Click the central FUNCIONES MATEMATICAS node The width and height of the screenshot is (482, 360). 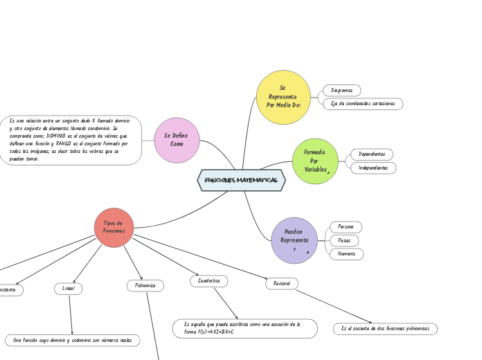241,180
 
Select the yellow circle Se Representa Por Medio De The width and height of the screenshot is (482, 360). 283,97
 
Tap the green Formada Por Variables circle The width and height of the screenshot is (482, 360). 315,161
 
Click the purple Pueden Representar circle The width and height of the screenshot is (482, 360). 294,240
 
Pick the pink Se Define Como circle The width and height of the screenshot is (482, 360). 177,140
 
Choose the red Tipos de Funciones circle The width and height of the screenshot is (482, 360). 114,227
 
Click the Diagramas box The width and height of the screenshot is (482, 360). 341,91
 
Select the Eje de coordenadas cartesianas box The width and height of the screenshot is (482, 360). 363,104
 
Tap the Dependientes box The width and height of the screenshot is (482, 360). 372,154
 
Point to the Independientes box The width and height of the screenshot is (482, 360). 373,168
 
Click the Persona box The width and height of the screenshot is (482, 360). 346,227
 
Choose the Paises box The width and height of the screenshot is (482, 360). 344,240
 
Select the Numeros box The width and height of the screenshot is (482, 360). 346,254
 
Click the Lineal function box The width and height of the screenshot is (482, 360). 68,288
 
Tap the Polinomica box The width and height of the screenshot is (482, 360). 145,285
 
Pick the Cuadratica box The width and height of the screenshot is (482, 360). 208,281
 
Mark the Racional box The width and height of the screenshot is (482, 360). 282,283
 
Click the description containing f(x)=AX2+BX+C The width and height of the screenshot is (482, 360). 244,328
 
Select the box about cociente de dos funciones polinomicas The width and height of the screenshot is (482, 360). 385,328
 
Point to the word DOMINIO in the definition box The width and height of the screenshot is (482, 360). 60,136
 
